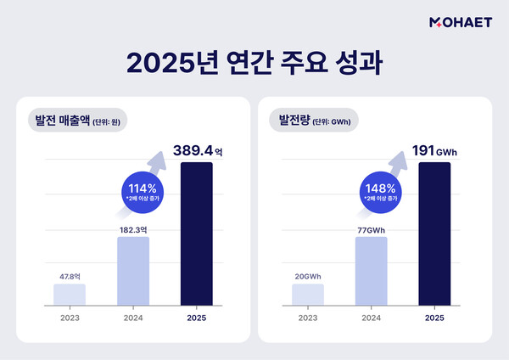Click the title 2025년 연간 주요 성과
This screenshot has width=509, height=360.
pyautogui.click(x=254, y=64)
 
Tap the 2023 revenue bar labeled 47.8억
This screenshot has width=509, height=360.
pyautogui.click(x=69, y=294)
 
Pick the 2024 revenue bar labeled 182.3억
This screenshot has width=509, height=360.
pyautogui.click(x=133, y=270)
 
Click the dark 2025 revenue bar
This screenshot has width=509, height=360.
pyautogui.click(x=197, y=233)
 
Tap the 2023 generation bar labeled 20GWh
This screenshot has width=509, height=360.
pyautogui.click(x=307, y=294)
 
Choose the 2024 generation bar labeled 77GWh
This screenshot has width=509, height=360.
pyautogui.click(x=371, y=270)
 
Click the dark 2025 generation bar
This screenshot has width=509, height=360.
pyautogui.click(x=435, y=233)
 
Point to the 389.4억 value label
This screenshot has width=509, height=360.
pyautogui.click(x=200, y=150)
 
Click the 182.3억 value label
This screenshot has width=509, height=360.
pyautogui.click(x=133, y=227)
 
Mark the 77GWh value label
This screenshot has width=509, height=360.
pyautogui.click(x=372, y=227)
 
